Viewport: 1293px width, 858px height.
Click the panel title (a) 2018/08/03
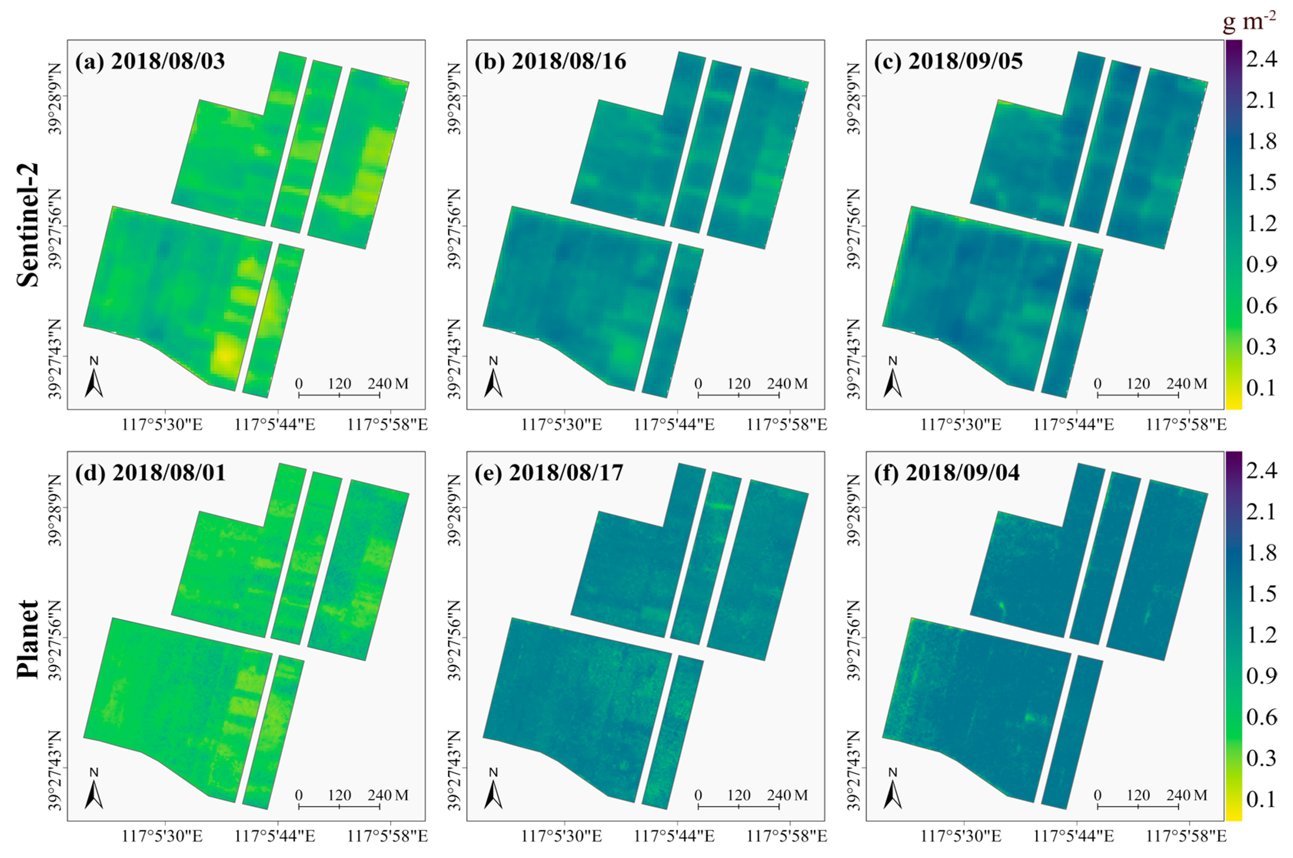(x=150, y=61)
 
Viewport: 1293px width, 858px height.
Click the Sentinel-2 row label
(x=27, y=224)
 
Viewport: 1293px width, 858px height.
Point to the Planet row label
(x=27, y=639)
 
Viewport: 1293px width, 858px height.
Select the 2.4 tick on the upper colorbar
(x=1261, y=58)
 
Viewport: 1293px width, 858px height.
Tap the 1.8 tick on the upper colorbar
(x=1261, y=141)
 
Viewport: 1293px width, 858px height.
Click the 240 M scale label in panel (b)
(x=787, y=384)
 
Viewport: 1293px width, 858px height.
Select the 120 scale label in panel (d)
(x=339, y=795)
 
